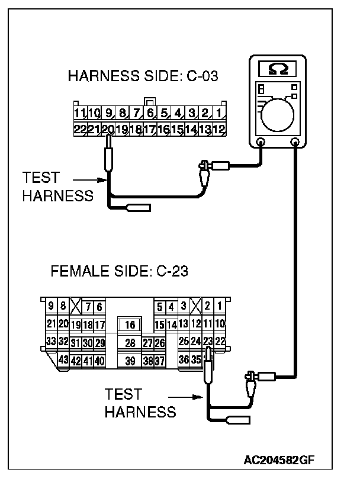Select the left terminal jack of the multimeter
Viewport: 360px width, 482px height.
click(261, 142)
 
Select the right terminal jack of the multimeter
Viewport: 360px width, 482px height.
click(295, 142)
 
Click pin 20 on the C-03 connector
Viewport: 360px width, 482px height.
click(108, 128)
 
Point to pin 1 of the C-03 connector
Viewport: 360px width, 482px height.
click(218, 113)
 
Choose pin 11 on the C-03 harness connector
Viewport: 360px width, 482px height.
click(80, 113)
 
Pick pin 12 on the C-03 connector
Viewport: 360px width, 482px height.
click(218, 128)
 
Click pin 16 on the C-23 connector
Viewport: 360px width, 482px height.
click(130, 325)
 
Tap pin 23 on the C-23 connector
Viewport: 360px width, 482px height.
click(208, 341)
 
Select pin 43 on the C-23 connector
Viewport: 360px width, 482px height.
click(63, 359)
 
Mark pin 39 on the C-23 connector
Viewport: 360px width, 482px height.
click(130, 360)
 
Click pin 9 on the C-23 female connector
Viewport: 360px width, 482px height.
click(52, 306)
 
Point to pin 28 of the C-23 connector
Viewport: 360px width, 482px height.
click(130, 343)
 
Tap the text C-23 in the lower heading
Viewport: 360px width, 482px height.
click(172, 272)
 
